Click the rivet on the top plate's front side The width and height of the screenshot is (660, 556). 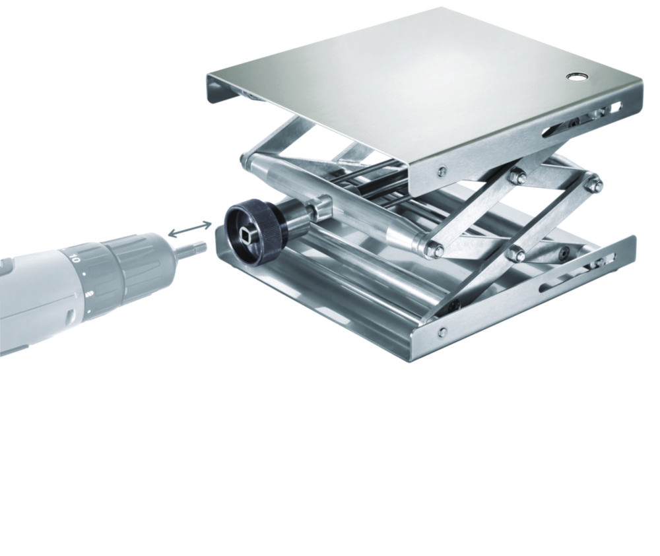pos(441,173)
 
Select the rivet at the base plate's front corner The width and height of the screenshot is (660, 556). pos(442,332)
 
